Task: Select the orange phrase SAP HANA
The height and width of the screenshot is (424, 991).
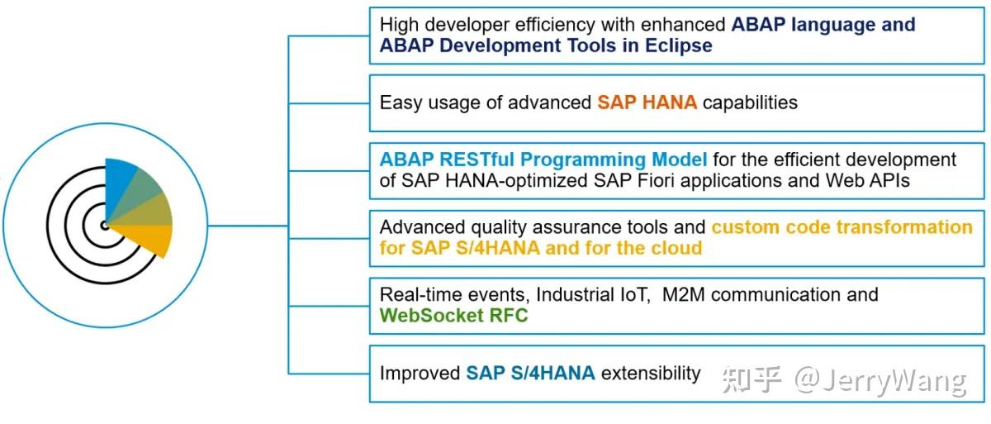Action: [x=647, y=102]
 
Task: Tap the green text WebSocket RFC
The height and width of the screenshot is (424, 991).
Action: [x=453, y=315]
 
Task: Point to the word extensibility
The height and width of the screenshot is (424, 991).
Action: [x=651, y=373]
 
